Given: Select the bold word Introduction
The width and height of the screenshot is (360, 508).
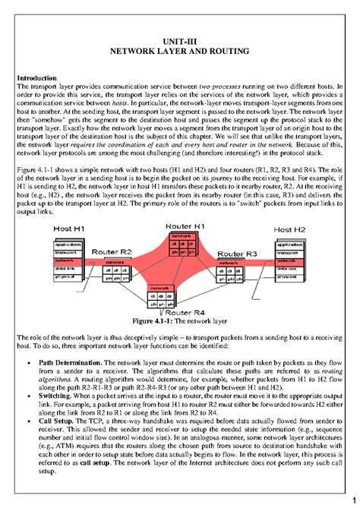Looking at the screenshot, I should (x=38, y=78).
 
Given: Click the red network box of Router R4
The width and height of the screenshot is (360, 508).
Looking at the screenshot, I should (x=159, y=289).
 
